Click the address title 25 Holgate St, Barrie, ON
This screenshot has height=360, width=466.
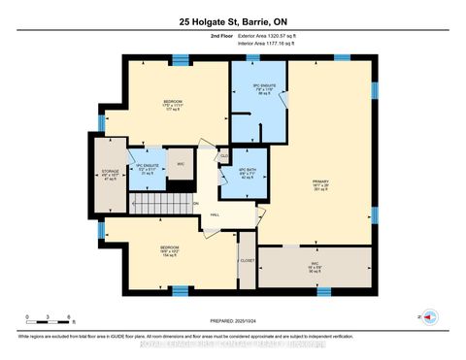[x=232, y=22]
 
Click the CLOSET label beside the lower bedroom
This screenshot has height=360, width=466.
[x=247, y=261]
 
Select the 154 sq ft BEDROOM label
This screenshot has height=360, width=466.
[x=171, y=251]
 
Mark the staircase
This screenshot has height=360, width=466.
[x=161, y=205]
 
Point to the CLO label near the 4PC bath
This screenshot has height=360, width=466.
[x=223, y=155]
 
